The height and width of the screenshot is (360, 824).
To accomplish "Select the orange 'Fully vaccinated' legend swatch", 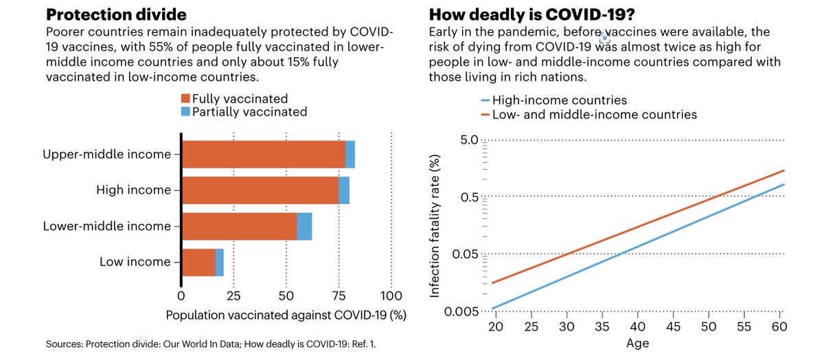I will pos(185,99).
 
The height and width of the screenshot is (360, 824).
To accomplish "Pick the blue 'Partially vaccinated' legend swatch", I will pos(185,112).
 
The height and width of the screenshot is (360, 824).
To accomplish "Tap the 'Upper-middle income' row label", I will pos(106,155).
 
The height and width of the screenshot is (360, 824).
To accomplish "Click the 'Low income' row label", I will pos(135,262).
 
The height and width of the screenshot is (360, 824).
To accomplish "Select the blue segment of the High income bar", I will pos(344,190).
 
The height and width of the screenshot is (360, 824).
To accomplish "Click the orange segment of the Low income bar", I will pos(198,262).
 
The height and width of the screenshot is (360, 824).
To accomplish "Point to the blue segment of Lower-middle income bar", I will pos(304,226).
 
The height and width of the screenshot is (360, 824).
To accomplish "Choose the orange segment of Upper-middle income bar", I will pos(264,155).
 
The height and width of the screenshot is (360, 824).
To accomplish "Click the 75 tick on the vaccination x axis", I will pos(339,296).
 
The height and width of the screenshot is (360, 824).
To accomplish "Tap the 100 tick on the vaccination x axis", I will pos(391,296).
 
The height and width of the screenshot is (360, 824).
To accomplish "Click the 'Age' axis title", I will pos(637,342).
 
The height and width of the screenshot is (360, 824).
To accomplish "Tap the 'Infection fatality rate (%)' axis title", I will pos(434,226).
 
